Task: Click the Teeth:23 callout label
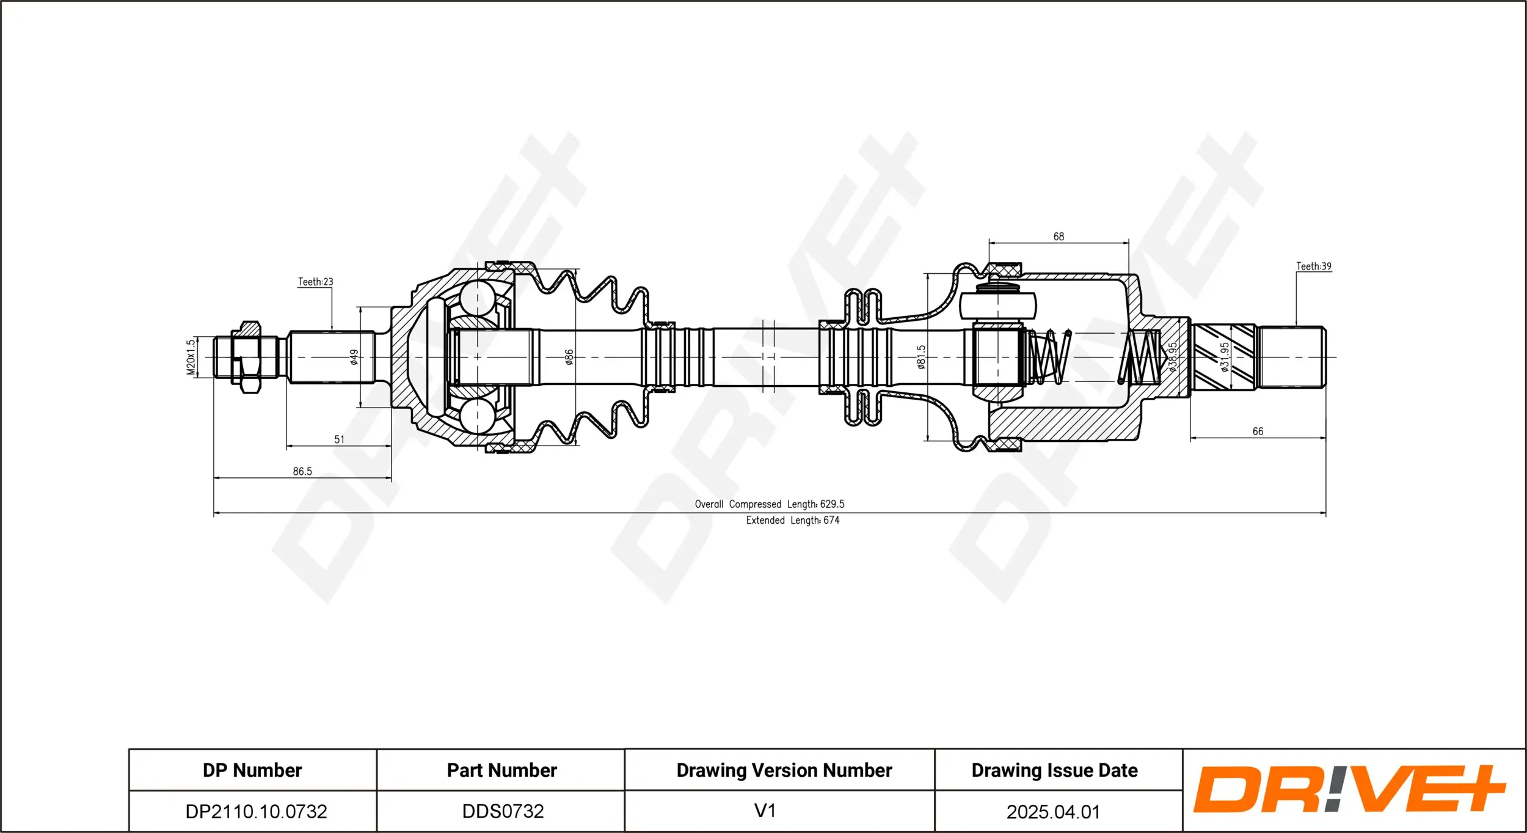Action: pos(315,282)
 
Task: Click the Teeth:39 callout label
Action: pos(1313,266)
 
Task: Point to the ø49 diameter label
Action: pos(354,357)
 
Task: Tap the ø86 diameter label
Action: pos(569,357)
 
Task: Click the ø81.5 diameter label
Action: pos(921,357)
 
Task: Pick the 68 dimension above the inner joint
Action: pos(1059,237)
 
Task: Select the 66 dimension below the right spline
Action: pos(1258,431)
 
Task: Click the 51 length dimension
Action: pos(339,439)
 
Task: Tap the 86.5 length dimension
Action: pos(302,471)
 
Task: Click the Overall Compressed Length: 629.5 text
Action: pos(769,504)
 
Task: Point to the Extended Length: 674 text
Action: pos(792,520)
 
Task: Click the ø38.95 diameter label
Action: pos(1172,357)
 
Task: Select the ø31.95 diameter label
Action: pos(1224,357)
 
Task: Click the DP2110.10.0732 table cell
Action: pos(256,811)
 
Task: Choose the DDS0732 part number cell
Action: pos(503,811)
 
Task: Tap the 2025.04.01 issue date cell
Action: pos(1053,812)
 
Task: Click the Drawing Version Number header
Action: pos(784,770)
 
